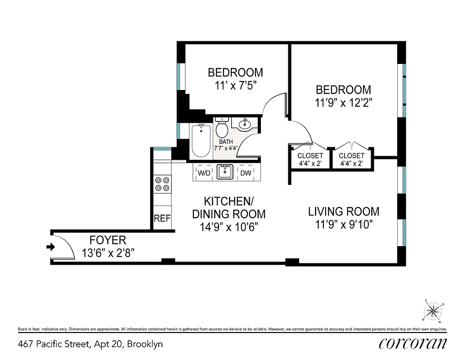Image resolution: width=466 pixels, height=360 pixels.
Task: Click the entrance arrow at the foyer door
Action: click(x=51, y=247)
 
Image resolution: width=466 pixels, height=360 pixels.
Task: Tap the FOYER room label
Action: click(x=108, y=240)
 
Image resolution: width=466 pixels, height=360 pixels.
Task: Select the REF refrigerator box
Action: click(x=162, y=219)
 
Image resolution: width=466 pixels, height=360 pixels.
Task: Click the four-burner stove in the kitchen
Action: click(x=162, y=184)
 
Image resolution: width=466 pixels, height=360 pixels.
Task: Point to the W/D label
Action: click(x=204, y=173)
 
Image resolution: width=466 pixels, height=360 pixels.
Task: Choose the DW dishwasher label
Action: click(x=246, y=173)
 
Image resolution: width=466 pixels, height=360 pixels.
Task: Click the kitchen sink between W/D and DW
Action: click(x=224, y=171)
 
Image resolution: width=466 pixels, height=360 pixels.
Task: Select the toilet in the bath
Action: click(x=222, y=128)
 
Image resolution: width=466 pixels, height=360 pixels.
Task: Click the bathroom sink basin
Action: click(x=246, y=123)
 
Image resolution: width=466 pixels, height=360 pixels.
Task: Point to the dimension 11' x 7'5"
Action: click(x=235, y=85)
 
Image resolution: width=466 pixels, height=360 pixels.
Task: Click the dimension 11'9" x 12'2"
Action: click(x=343, y=103)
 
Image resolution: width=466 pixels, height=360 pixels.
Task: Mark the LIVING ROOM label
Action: click(x=343, y=211)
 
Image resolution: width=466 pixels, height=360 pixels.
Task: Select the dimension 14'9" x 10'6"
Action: click(x=229, y=227)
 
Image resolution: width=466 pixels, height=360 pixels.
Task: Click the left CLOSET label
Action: click(x=310, y=156)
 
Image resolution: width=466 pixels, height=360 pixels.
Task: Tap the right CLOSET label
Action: click(x=351, y=156)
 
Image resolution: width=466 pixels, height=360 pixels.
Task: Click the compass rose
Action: click(x=433, y=310)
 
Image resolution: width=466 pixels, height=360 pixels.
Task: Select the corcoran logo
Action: click(x=412, y=343)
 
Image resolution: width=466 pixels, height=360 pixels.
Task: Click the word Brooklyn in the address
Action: click(x=145, y=345)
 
